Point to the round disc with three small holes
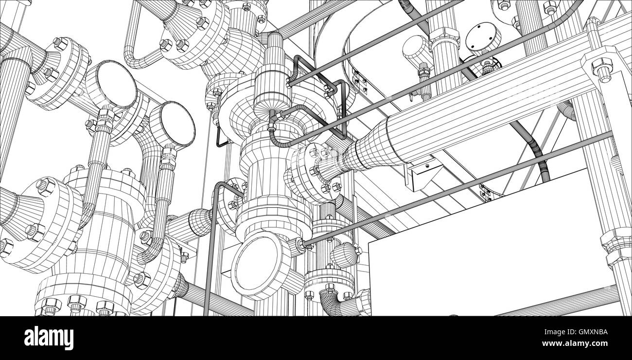tap(483, 38)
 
